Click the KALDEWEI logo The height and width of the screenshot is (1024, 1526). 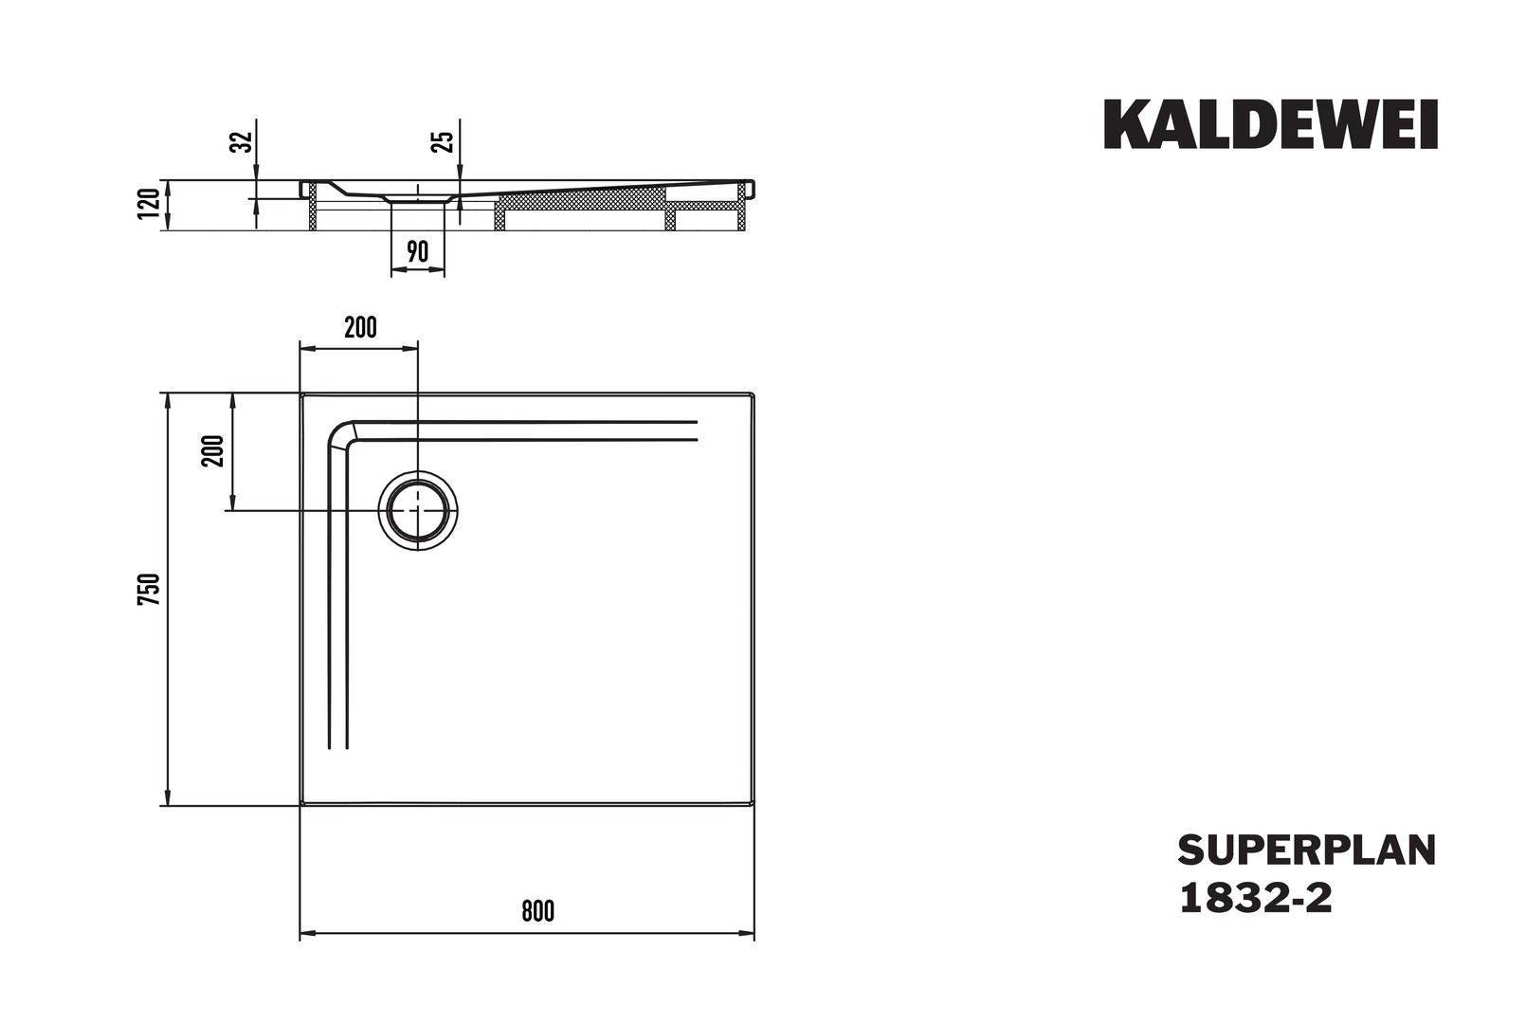pyautogui.click(x=1271, y=124)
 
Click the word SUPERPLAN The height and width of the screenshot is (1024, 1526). pyautogui.click(x=1307, y=850)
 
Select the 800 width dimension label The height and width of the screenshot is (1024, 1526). pyautogui.click(x=538, y=911)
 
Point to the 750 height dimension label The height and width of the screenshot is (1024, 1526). pyautogui.click(x=149, y=590)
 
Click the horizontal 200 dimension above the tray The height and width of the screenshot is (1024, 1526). pyautogui.click(x=360, y=328)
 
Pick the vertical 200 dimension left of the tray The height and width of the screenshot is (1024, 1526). pyautogui.click(x=212, y=450)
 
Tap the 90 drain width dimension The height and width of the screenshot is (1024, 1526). pyautogui.click(x=418, y=252)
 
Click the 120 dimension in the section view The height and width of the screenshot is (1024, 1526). pyautogui.click(x=149, y=204)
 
